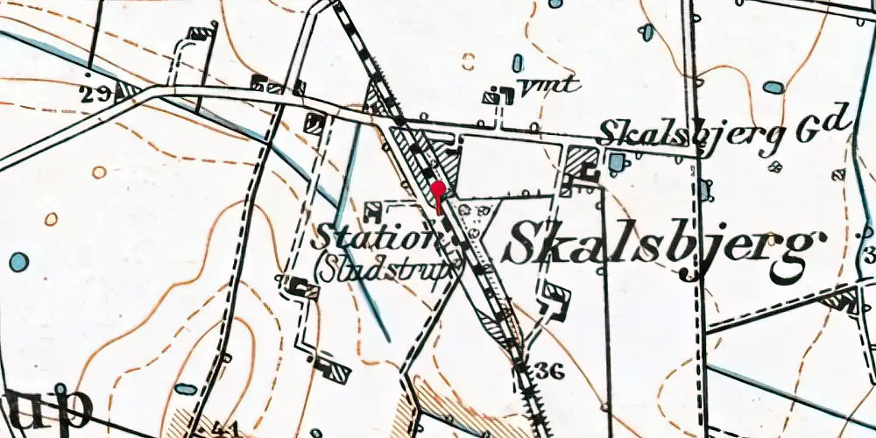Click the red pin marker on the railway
(x=438, y=190)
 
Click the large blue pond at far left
(x=18, y=261)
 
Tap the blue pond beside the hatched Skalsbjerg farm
(x=617, y=162)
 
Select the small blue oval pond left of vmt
(x=518, y=63)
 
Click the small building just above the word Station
(x=372, y=208)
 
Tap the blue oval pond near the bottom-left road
(x=185, y=388)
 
